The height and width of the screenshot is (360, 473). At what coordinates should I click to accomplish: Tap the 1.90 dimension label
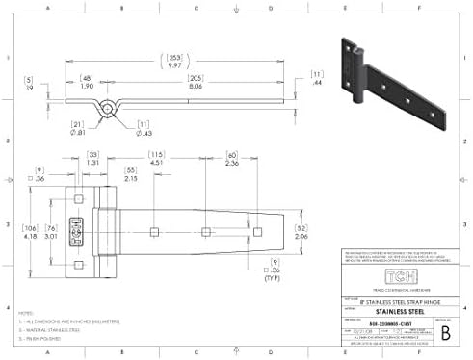85,85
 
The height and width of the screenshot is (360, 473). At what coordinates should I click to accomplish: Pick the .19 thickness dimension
30,85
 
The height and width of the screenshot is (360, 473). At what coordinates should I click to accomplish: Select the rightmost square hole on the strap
253,230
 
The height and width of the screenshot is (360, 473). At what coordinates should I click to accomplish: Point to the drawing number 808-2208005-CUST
377,321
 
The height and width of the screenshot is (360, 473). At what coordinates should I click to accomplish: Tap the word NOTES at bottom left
29,313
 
